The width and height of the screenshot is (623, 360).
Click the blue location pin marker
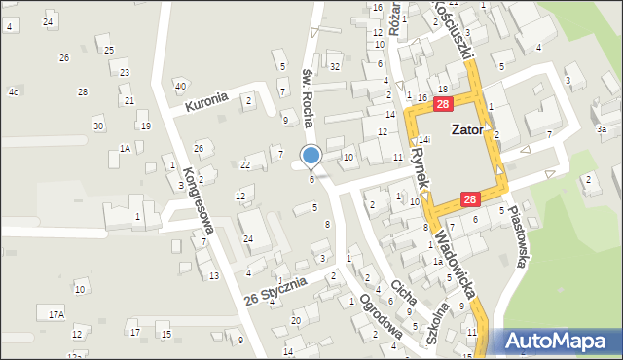click(311, 156)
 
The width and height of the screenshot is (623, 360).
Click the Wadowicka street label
click(455, 264)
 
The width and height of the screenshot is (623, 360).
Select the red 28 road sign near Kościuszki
click(443, 104)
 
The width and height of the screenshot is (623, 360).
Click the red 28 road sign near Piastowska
click(469, 199)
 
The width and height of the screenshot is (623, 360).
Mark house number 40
click(180, 86)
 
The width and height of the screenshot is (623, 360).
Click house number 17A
click(56, 313)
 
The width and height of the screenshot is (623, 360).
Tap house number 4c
click(14, 91)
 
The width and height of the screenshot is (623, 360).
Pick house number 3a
click(602, 129)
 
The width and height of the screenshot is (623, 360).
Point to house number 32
click(334, 66)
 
